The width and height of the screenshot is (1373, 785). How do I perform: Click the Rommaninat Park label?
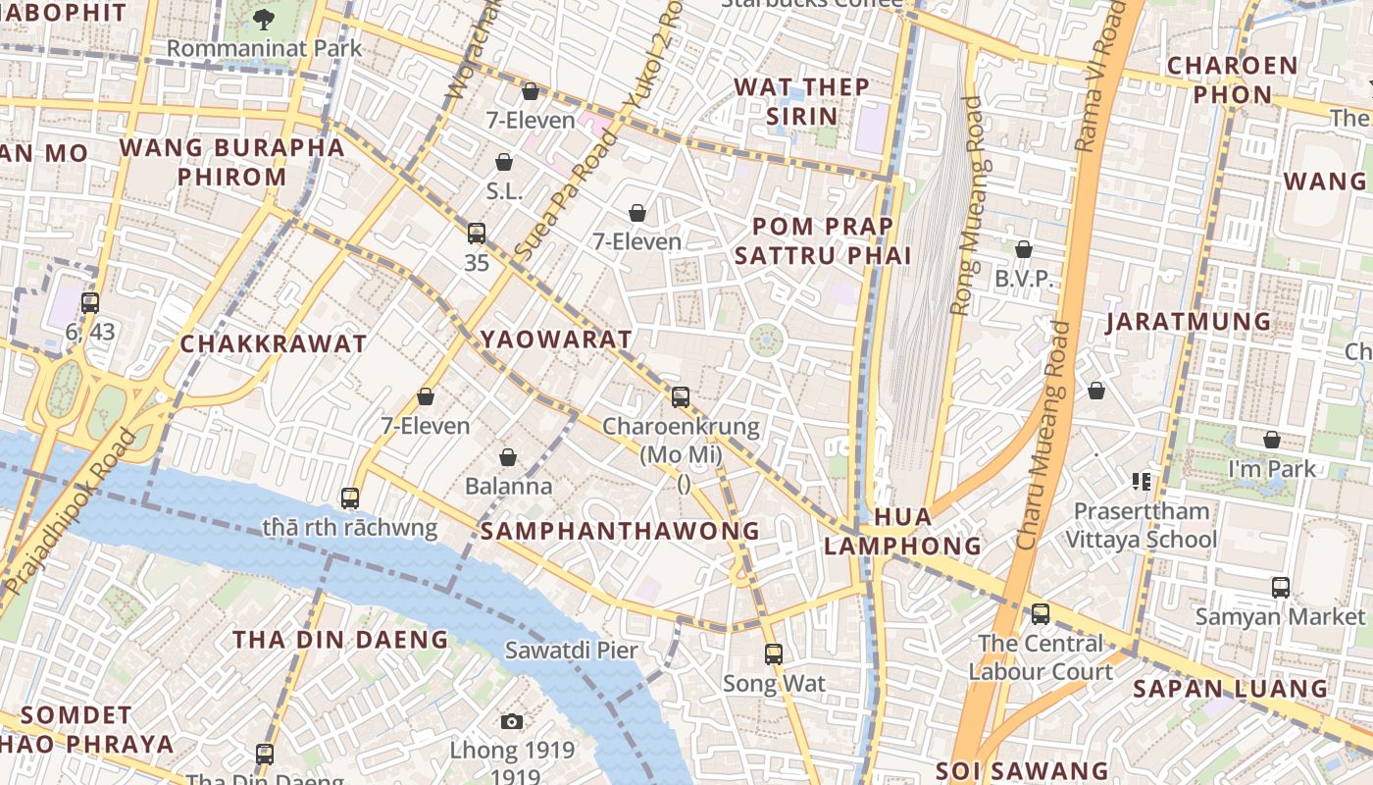point(264,48)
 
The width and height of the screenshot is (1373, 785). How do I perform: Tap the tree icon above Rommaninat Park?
point(264,18)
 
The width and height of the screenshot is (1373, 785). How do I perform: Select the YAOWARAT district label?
point(556,340)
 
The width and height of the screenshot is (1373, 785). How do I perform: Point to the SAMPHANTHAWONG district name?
point(620,531)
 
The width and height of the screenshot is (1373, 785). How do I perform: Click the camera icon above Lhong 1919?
point(511,721)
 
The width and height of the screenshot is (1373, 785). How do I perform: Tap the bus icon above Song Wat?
point(774,654)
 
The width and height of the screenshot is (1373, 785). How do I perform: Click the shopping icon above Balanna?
point(508,457)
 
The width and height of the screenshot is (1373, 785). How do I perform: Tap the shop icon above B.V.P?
point(1024,249)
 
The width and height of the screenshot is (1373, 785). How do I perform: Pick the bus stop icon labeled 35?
point(477,234)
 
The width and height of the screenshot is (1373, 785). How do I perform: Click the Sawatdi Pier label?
point(571,650)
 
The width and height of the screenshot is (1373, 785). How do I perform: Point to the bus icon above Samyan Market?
point(1280,588)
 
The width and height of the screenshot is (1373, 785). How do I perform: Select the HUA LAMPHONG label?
point(901,531)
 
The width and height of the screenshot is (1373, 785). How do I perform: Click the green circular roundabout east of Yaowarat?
point(766,341)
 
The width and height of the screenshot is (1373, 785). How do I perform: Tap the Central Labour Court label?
point(1041,657)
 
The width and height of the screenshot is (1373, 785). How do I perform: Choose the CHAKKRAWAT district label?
point(274,344)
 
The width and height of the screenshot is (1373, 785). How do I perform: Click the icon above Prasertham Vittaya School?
point(1141,481)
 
